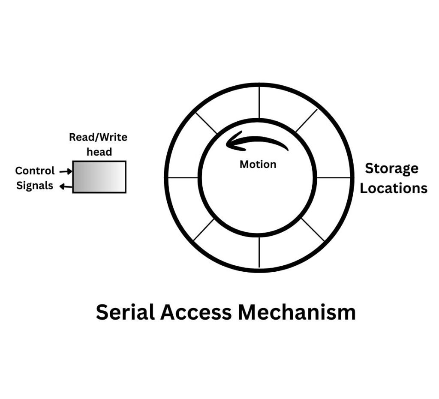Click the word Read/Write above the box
coord(98,138)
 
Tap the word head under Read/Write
coord(99,152)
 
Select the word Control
coord(35,171)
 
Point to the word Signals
coord(35,186)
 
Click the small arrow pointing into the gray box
coord(66,171)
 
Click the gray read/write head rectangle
coord(99,177)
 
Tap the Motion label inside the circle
coord(258,164)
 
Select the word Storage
coord(391,168)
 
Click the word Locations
coord(393,188)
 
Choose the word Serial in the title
coord(125,312)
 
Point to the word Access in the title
coord(195,312)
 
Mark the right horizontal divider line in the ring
coord(334,177)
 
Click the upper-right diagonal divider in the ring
coord(306,120)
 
